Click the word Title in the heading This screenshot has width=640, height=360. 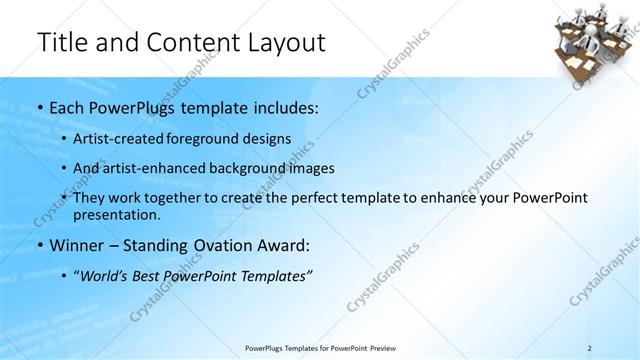coord(62,43)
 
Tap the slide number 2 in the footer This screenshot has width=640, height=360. coord(591,348)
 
